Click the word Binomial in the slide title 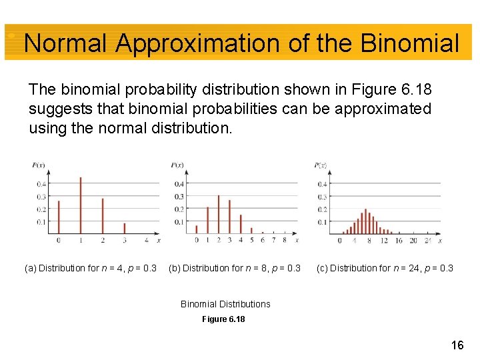click(409, 43)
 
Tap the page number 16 click(457, 345)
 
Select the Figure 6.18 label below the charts click(223, 319)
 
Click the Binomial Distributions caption click(225, 304)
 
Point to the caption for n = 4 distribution click(91, 269)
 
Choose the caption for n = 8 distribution click(235, 269)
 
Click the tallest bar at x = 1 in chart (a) click(81, 205)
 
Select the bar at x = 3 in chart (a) click(125, 228)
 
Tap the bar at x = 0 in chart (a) click(59, 217)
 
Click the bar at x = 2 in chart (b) click(219, 214)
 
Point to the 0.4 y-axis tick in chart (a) click(41, 184)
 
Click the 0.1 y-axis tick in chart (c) click(322, 221)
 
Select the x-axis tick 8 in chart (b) click(284, 240)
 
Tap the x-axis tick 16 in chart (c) click(399, 240)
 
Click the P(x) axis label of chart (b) click(177, 165)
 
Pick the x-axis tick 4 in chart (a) click(147, 240)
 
